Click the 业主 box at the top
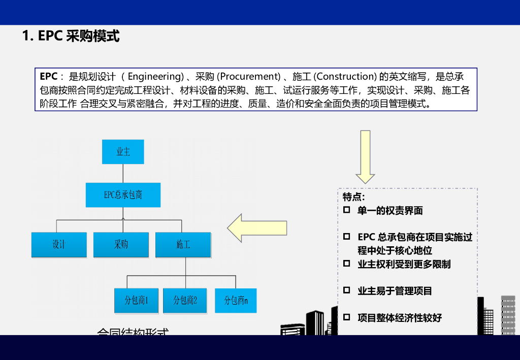pos(123,151)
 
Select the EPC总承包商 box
pos(123,195)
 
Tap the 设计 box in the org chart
pos(59,245)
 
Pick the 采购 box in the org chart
pos(121,245)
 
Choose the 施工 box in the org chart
pos(183,245)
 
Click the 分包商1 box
pos(136,301)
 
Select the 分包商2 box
pos(185,301)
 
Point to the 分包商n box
pos(236,301)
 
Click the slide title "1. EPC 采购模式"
pos(71,37)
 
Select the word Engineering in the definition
pos(154,77)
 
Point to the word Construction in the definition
pos(345,77)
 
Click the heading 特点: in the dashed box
pos(354,197)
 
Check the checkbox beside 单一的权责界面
pos(347,210)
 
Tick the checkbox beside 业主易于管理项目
pos(347,290)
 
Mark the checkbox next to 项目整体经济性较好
pos(347,317)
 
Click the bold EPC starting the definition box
pos(48,77)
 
